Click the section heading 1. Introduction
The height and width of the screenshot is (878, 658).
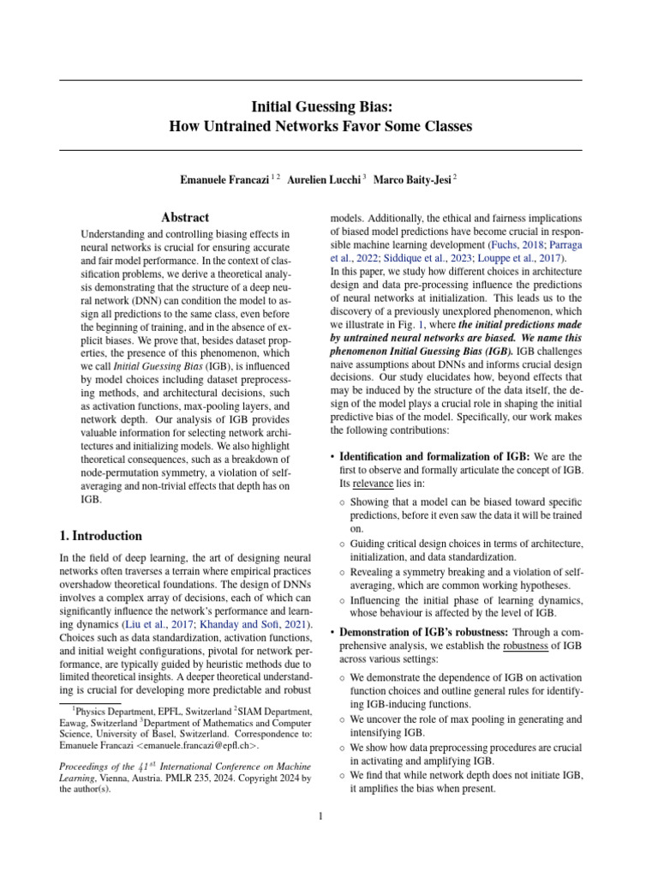pyautogui.click(x=100, y=536)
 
